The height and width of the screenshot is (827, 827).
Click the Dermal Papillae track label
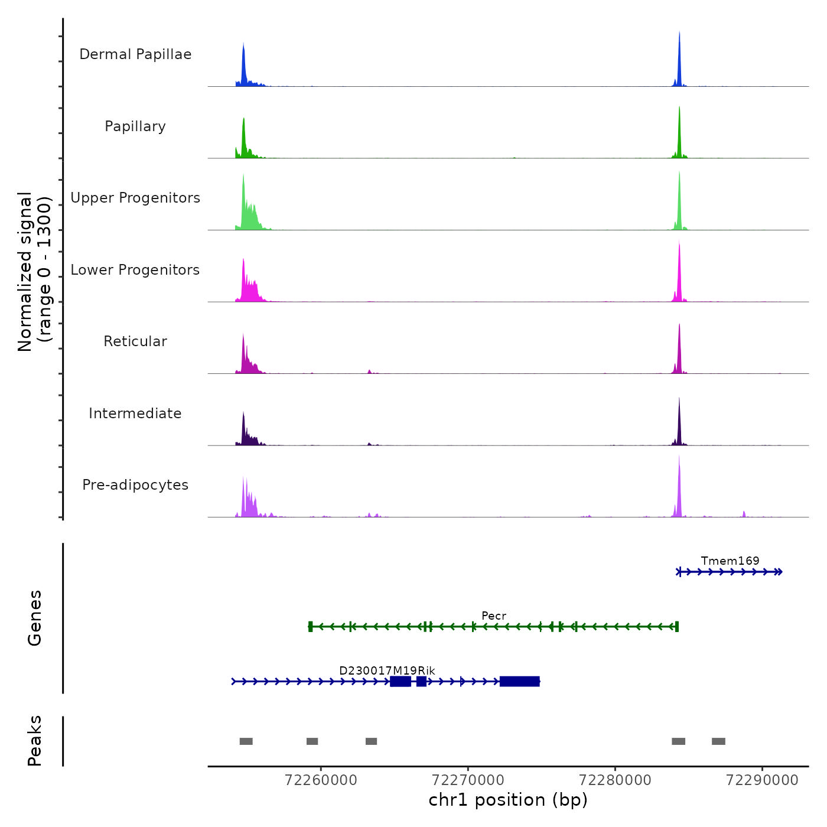pyautogui.click(x=135, y=54)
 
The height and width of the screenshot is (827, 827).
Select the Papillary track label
pyautogui.click(x=135, y=126)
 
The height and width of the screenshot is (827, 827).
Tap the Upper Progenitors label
pyautogui.click(x=135, y=198)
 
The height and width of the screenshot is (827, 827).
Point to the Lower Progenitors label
pyautogui.click(x=135, y=270)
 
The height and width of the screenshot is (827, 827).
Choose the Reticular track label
pyautogui.click(x=135, y=341)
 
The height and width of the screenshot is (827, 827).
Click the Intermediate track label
pyautogui.click(x=135, y=413)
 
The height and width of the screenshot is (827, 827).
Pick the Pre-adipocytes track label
pyautogui.click(x=135, y=485)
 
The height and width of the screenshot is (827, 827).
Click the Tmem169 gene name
pyautogui.click(x=730, y=561)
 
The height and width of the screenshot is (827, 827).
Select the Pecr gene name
pyautogui.click(x=494, y=616)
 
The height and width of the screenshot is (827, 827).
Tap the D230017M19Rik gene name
pyautogui.click(x=387, y=670)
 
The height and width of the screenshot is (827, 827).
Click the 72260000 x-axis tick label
pyautogui.click(x=321, y=780)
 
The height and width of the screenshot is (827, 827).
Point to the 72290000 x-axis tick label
pyautogui.click(x=762, y=780)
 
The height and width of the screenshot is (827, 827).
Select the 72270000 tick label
pyautogui.click(x=468, y=780)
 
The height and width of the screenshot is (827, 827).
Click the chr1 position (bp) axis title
pyautogui.click(x=508, y=800)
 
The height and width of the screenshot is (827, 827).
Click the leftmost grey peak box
pyautogui.click(x=246, y=741)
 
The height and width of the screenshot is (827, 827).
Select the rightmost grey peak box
pyautogui.click(x=718, y=741)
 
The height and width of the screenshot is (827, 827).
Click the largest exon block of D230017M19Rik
pyautogui.click(x=520, y=682)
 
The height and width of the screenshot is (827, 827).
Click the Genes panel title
pyautogui.click(x=35, y=618)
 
